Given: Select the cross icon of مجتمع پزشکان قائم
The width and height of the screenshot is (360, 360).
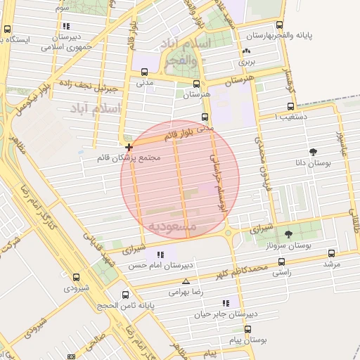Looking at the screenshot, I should pos(129,148).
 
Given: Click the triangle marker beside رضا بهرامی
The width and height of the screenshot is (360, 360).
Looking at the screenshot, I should pos(186,281).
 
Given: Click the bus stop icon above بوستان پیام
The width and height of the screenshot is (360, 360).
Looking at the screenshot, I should pos(247,329).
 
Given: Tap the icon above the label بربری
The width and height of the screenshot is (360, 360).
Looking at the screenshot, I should pos(246,51).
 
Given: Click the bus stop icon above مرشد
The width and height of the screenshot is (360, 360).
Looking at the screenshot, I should pos(331,252).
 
